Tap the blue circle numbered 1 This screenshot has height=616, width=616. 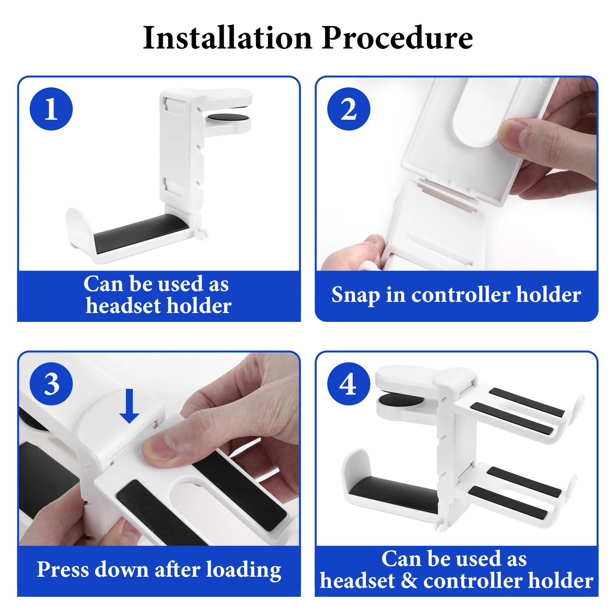click(x=51, y=109)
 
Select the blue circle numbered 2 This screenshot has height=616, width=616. click(x=349, y=109)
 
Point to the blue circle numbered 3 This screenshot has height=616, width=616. click(x=51, y=384)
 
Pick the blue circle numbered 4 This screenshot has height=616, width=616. click(x=349, y=384)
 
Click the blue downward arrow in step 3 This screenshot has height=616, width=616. click(x=129, y=406)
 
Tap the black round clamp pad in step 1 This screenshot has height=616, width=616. click(x=228, y=117)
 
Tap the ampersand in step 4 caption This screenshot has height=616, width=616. click(x=409, y=581)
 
